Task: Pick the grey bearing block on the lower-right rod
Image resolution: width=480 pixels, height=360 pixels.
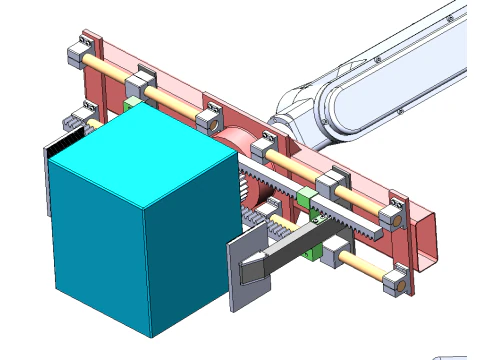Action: tap(335, 249)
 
